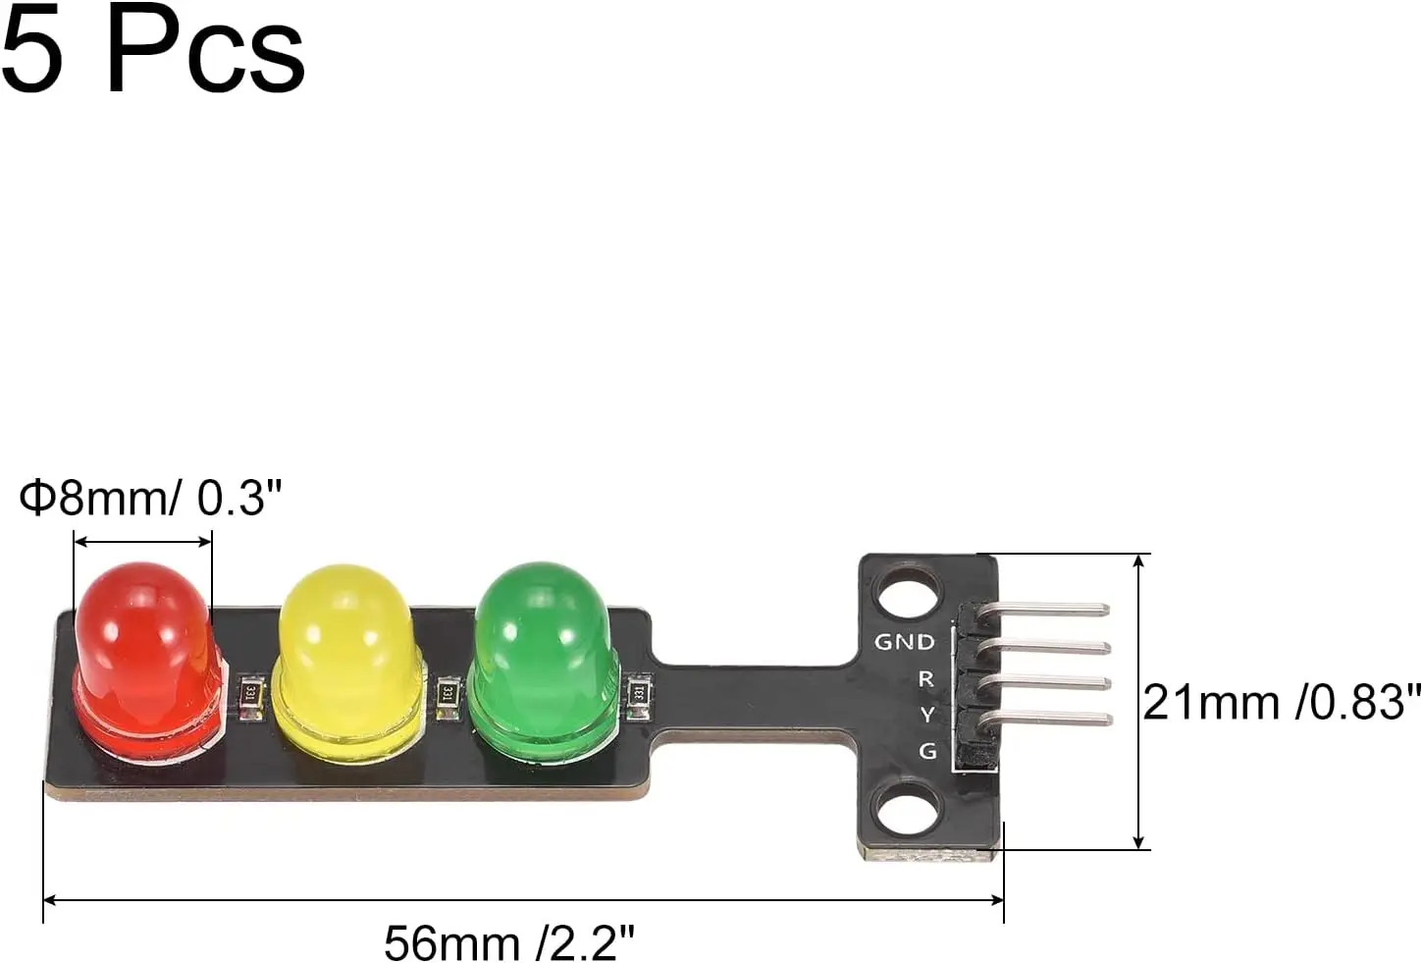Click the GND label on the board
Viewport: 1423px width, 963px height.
point(905,642)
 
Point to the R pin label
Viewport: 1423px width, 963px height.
point(925,678)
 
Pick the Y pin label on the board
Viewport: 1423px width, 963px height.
point(927,715)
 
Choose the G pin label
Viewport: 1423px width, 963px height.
point(927,751)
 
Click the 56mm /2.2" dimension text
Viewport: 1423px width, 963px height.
point(509,943)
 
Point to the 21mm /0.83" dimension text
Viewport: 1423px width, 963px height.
point(1282,703)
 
